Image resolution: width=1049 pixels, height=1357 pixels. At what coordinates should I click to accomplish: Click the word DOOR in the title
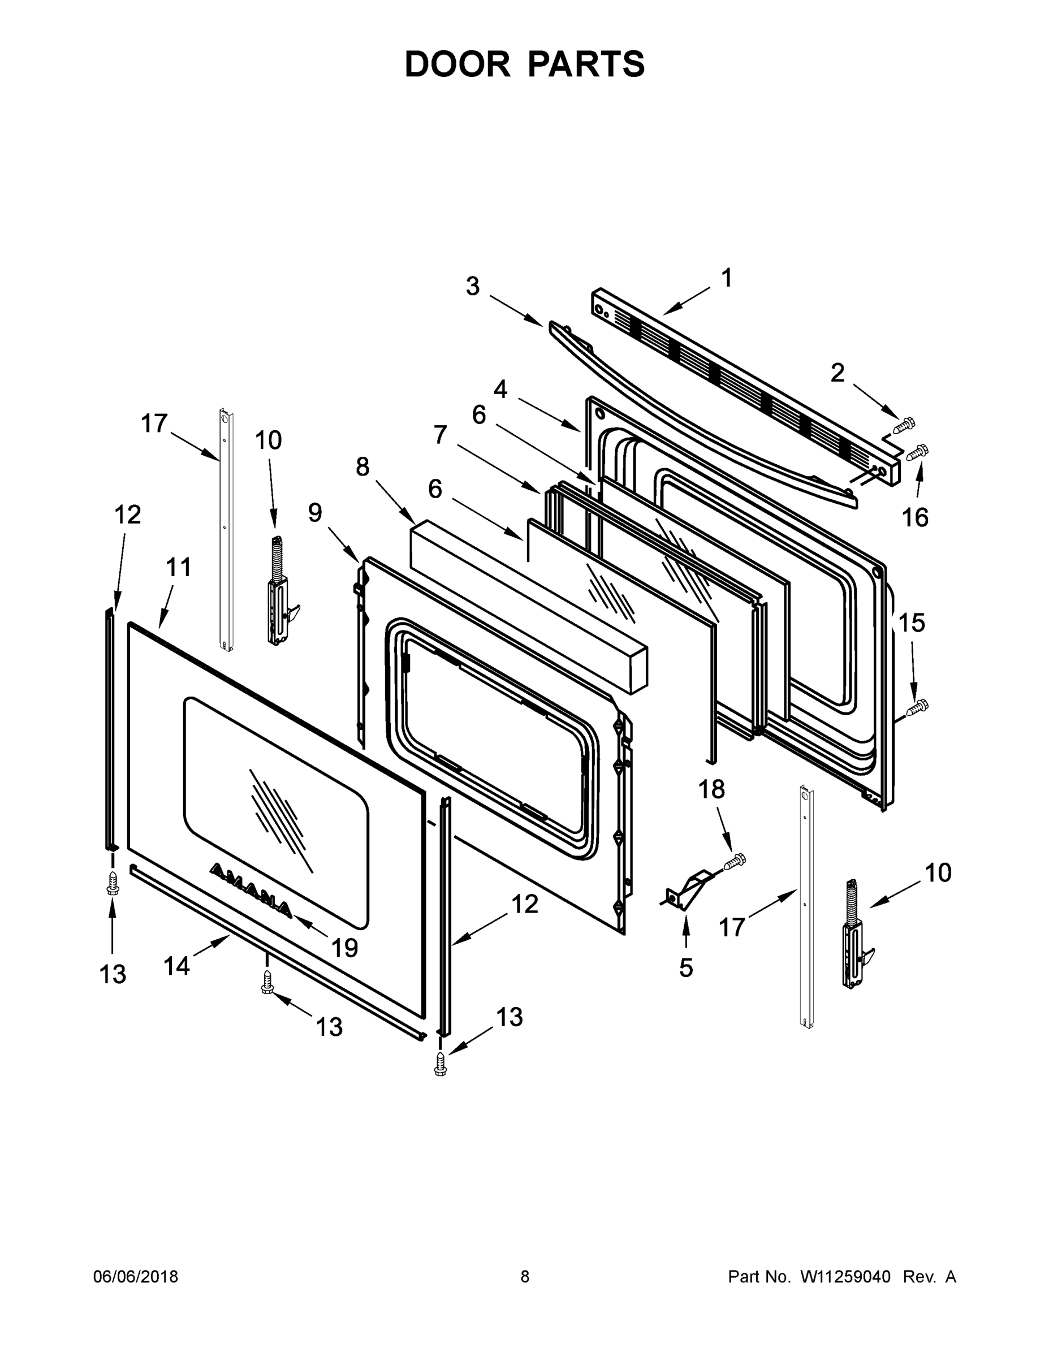click(457, 64)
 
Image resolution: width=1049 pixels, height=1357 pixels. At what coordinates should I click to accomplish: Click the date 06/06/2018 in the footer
click(136, 1277)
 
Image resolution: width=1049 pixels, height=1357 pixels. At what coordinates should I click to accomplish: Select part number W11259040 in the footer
click(845, 1277)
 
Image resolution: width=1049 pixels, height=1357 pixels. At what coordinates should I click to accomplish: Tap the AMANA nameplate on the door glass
click(251, 889)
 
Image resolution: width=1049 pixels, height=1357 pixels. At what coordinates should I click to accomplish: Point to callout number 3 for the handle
click(473, 287)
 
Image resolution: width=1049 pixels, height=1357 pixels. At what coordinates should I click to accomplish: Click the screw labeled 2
click(905, 426)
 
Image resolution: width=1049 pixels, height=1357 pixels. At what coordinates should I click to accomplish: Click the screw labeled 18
click(736, 861)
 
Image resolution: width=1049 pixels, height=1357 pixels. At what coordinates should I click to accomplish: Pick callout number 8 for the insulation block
click(362, 466)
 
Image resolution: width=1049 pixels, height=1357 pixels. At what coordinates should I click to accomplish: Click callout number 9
click(315, 513)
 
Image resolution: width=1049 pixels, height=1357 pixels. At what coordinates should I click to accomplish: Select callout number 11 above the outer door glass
click(178, 567)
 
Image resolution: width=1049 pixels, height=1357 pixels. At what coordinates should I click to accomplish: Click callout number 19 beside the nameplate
click(344, 948)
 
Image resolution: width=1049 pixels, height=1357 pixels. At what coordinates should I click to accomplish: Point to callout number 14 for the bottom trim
click(176, 966)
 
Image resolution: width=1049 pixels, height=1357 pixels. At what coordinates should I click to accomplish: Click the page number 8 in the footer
click(525, 1277)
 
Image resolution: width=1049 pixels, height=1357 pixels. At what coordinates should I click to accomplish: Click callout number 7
click(440, 435)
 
